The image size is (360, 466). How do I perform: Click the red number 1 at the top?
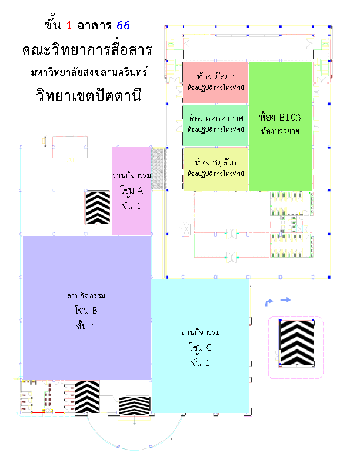[69, 25]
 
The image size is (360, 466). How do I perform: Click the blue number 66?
[123, 25]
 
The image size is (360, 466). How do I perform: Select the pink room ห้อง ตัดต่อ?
[215, 82]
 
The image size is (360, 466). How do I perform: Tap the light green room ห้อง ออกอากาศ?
[215, 124]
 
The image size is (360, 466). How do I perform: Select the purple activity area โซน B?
[86, 306]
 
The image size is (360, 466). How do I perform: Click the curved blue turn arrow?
[269, 302]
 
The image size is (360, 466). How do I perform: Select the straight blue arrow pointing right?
[285, 300]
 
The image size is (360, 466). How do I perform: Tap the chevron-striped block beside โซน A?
[98, 208]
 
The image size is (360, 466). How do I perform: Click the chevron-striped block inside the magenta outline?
[296, 342]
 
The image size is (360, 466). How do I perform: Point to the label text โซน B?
[86, 310]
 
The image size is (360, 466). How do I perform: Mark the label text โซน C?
[200, 348]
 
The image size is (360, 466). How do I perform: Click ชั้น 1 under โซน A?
[132, 204]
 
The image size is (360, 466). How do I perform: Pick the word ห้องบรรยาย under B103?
[280, 131]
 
